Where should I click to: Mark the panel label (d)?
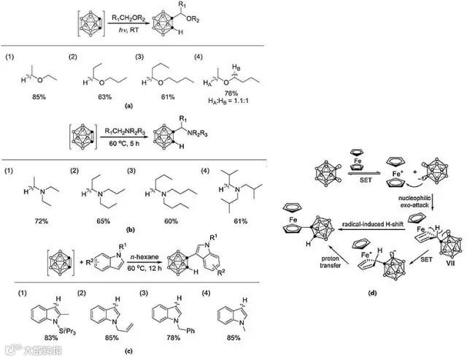click(x=374, y=295)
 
